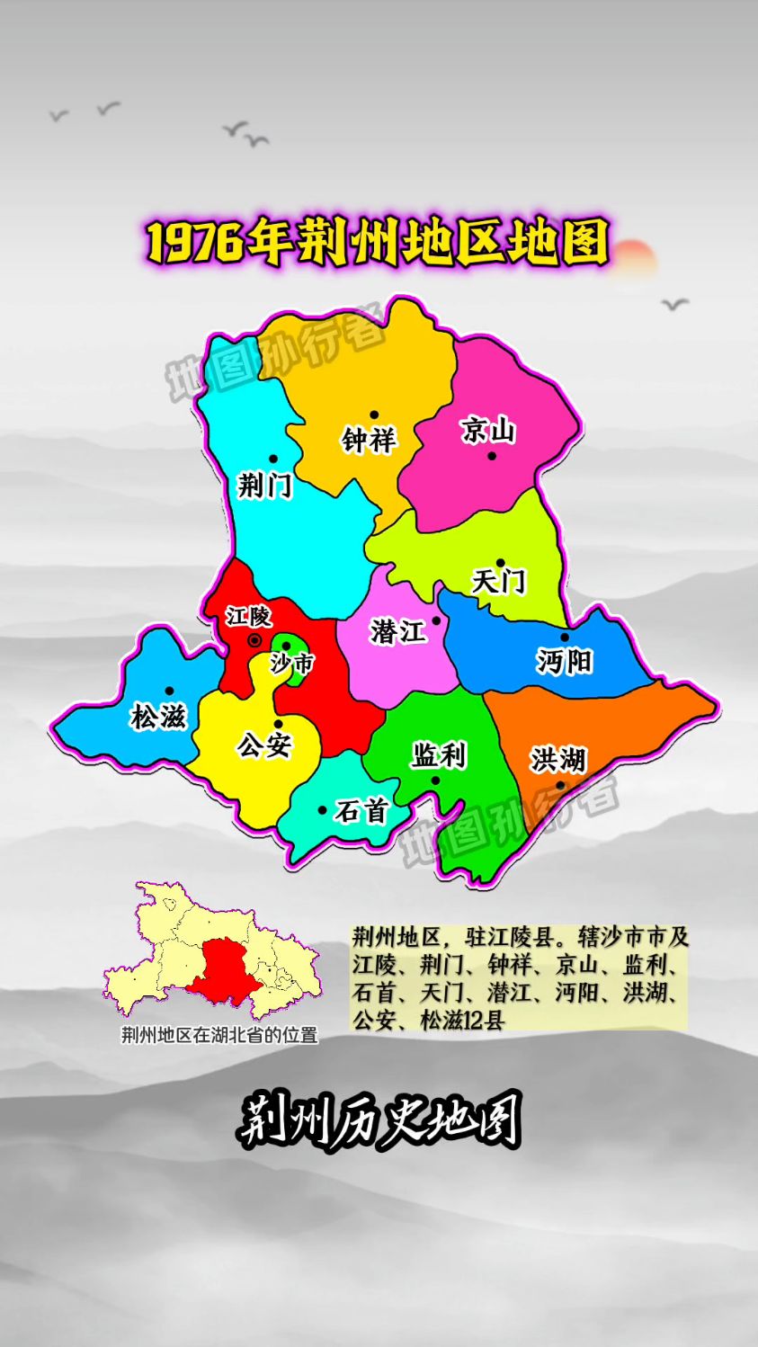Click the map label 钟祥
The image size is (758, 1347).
369,441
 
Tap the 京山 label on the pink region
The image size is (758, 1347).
488,431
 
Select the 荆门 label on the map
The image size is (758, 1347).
264,486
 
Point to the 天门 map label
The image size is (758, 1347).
499,581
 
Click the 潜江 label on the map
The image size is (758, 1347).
397,631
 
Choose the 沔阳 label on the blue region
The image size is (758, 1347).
564,662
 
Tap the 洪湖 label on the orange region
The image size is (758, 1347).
557,760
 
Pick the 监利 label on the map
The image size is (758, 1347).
439,755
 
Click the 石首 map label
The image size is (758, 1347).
361,811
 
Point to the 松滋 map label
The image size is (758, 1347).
158,717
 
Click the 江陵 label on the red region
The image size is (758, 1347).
248,617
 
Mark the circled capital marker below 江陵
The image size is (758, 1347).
254,640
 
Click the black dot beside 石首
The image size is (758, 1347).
323,810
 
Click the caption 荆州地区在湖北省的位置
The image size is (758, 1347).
219,1035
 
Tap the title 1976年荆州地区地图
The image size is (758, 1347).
379,241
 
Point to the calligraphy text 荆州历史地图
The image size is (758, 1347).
379,1120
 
